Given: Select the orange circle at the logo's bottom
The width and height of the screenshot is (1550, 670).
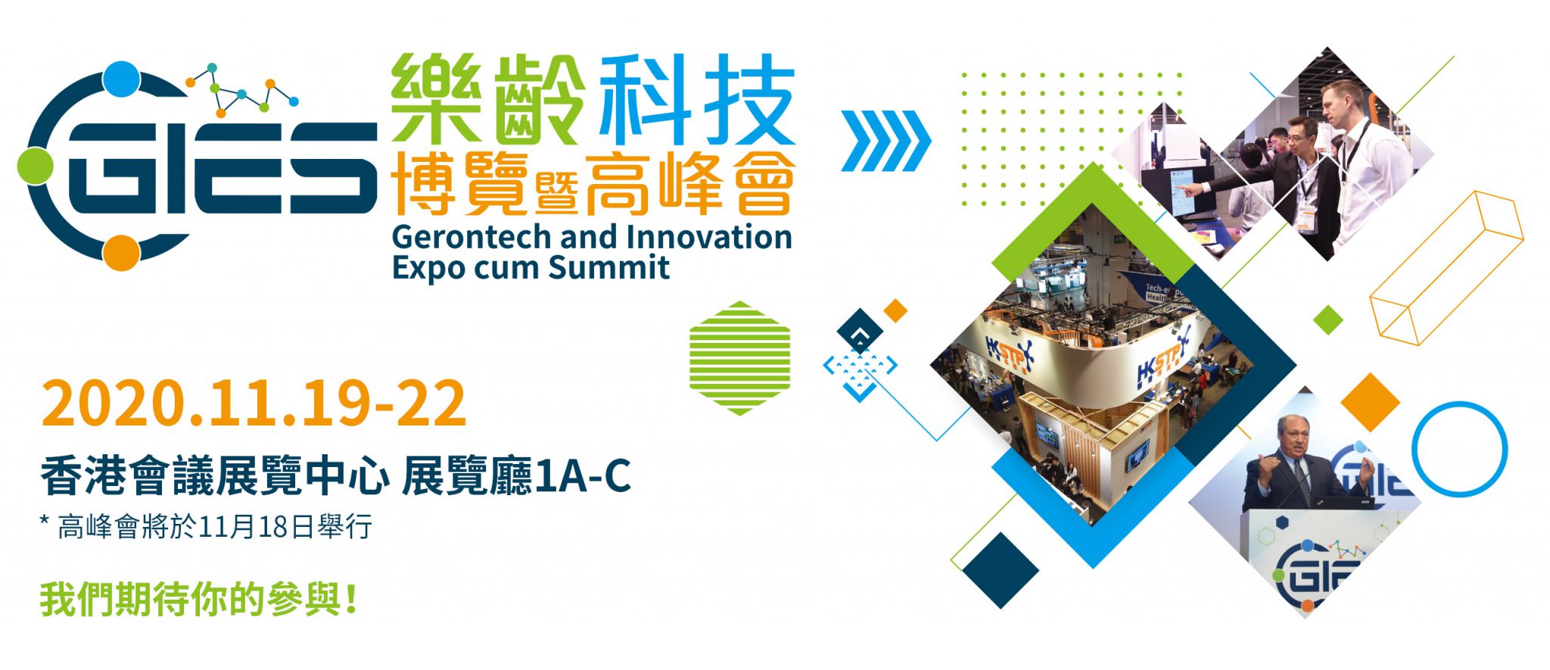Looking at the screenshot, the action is [121, 253].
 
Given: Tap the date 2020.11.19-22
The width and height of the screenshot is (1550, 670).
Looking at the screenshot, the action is [254, 404].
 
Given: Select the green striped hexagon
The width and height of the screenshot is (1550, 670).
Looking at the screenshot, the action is [739, 358].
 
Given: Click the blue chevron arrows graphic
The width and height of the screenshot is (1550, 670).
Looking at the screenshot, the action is [886, 141].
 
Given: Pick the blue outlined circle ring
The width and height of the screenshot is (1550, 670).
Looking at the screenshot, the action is [1459, 449].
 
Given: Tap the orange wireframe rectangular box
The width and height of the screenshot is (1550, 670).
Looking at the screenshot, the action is [1446, 268].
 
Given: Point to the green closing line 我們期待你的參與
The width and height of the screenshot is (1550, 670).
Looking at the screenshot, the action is [198, 599].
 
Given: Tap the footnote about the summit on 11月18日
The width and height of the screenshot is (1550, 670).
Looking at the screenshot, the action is [206, 527].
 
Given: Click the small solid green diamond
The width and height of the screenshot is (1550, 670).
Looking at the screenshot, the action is [1328, 319].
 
